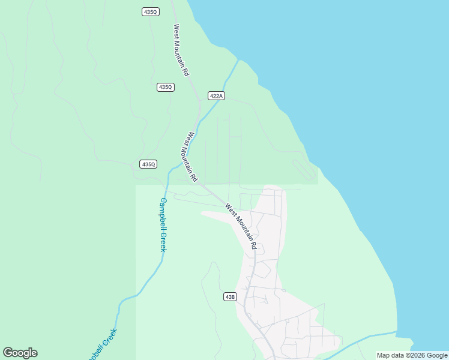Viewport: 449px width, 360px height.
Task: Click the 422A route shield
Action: [x=217, y=96]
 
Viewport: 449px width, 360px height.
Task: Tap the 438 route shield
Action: [x=230, y=296]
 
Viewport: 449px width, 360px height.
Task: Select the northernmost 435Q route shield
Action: [x=150, y=12]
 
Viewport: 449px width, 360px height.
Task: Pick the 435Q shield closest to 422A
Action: [x=166, y=87]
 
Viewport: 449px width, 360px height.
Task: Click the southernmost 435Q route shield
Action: [x=148, y=164]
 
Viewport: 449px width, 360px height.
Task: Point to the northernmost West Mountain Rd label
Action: [x=181, y=50]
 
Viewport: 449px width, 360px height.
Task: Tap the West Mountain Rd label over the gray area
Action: [x=241, y=227]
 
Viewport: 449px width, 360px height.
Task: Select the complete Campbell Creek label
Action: [x=163, y=225]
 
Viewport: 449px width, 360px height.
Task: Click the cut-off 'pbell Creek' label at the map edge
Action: [x=101, y=344]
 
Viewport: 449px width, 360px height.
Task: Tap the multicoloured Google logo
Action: [x=20, y=353]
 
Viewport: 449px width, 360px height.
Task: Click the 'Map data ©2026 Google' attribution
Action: [x=412, y=355]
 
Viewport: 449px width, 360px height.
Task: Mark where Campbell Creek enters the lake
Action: [x=239, y=59]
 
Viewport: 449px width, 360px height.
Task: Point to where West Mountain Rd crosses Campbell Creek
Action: [x=200, y=117]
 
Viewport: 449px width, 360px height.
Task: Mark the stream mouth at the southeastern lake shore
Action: [x=397, y=331]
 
